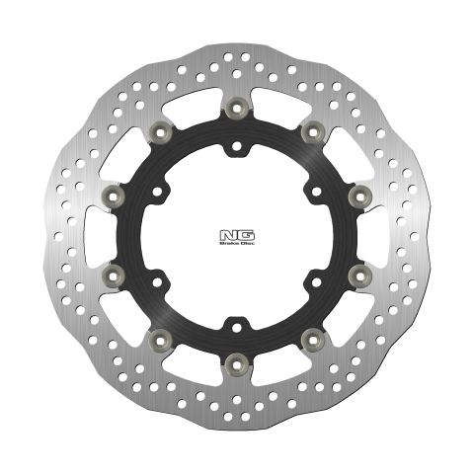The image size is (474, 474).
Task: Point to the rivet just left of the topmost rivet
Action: click(157, 130)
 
